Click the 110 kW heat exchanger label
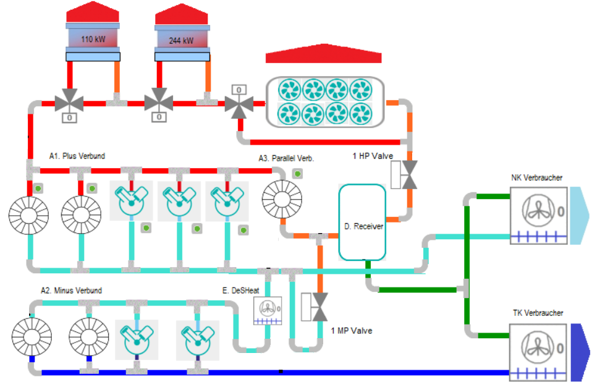coord(93,39)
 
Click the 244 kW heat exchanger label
coord(181,41)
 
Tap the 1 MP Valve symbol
coord(319,307)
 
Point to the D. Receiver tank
coord(362,221)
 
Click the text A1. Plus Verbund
coord(77,156)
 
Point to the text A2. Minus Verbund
coord(71,290)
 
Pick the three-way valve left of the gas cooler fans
coord(239,106)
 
